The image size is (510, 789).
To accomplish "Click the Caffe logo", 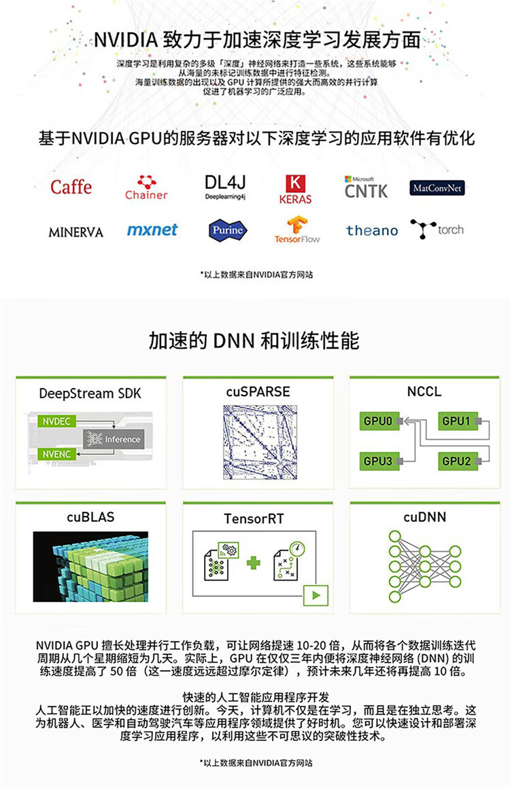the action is [71, 187].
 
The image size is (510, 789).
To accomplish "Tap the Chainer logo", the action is [146, 188].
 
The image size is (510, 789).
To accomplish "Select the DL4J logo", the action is [225, 187].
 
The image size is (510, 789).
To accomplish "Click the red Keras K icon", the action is [296, 183].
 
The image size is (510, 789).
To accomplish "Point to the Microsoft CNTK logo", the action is [366, 188].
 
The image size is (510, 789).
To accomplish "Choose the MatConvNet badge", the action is [437, 188].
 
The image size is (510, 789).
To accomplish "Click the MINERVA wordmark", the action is [75, 232].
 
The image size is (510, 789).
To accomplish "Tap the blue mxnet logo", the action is [152, 230].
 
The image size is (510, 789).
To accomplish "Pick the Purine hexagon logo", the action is [228, 230].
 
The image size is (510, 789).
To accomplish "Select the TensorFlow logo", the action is [297, 230].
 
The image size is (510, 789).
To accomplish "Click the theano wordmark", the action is [372, 230].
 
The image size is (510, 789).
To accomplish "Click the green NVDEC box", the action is [56, 421].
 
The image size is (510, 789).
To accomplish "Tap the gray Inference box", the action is [114, 439].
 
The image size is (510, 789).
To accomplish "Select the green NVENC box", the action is [56, 455].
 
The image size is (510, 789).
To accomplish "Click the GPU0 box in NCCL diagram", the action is [379, 421].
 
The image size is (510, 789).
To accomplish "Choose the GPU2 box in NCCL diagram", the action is [458, 461].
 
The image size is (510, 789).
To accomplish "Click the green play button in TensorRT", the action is [316, 595].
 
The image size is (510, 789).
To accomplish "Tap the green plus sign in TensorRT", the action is [254, 563].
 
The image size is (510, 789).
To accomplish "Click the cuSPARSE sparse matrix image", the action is [260, 442].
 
